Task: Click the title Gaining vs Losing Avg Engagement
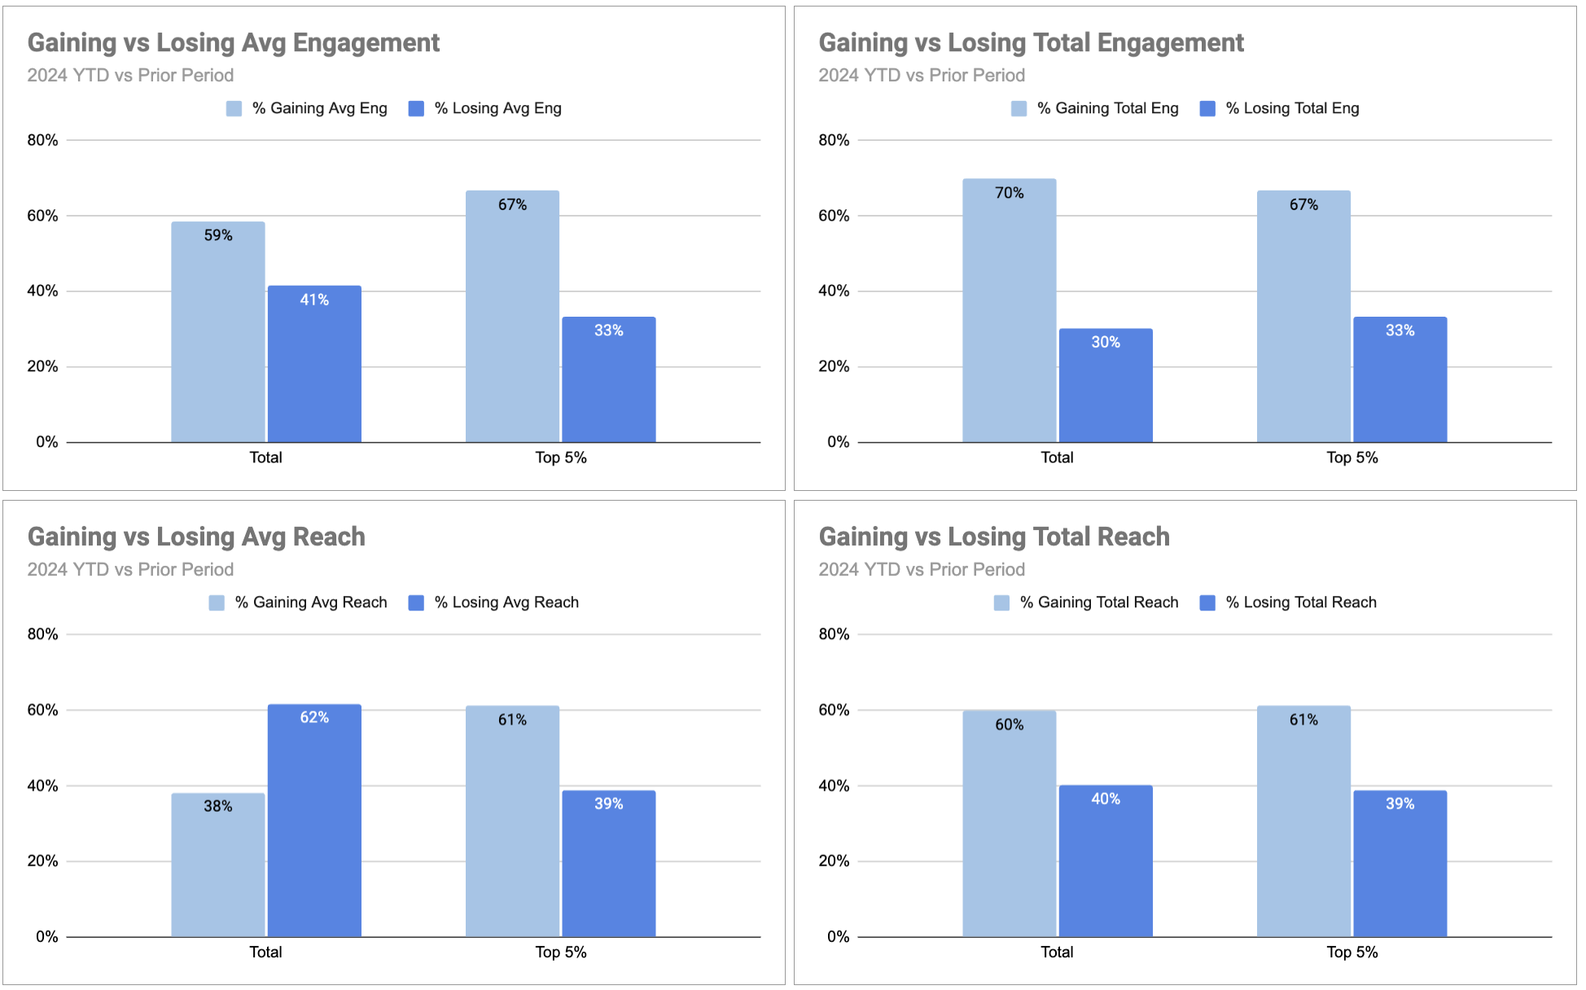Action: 234,42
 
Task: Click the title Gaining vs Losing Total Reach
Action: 994,537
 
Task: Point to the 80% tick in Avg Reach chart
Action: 42,634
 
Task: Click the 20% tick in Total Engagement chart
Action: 834,366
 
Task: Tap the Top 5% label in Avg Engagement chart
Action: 560,458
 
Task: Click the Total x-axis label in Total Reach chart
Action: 1057,952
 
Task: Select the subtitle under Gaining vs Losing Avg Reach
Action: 130,569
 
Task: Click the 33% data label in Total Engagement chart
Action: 1400,331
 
